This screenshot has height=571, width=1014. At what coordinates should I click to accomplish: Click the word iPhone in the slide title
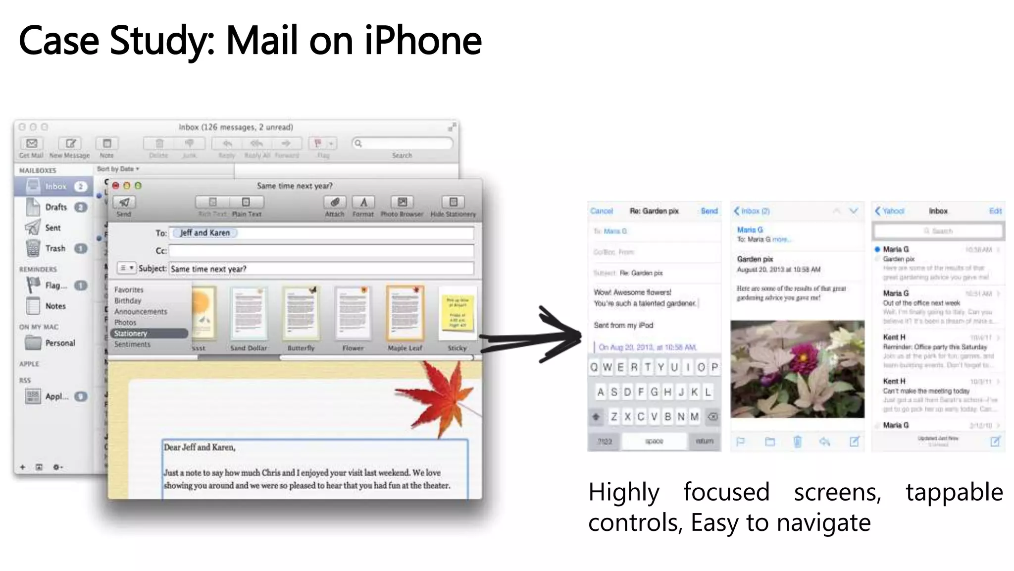(x=423, y=41)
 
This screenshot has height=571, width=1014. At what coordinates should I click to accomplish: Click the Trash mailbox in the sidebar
(x=54, y=248)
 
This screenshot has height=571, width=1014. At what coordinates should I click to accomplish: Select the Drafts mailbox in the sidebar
(x=55, y=207)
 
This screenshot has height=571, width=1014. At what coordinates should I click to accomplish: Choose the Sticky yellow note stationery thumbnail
(x=457, y=313)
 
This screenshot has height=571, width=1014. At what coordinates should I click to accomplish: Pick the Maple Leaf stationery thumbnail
(x=405, y=313)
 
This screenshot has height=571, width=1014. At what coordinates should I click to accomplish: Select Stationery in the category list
(x=131, y=334)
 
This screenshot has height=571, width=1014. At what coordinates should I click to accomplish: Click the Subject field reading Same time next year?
(x=321, y=269)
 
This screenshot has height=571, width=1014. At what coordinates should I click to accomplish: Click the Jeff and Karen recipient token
(x=204, y=232)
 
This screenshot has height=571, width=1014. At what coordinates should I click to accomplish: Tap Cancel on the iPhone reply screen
(x=602, y=211)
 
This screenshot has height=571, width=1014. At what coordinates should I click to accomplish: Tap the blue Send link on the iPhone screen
(x=709, y=211)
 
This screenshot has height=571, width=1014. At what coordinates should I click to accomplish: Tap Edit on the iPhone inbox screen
(x=995, y=211)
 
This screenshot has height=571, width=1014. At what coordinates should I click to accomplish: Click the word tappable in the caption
(x=954, y=492)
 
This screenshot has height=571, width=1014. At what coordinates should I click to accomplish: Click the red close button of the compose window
(x=116, y=186)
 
